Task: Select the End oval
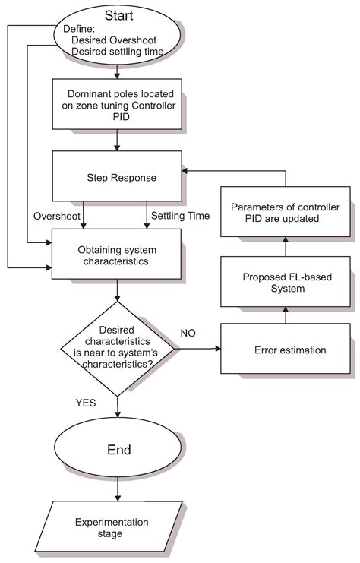coord(117,450)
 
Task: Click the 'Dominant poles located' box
coord(117,103)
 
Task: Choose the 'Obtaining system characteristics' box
coord(117,255)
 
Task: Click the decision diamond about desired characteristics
coord(117,349)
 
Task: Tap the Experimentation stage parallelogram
coord(117,527)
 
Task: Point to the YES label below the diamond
coord(85,403)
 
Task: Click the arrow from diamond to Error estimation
coord(197,350)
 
